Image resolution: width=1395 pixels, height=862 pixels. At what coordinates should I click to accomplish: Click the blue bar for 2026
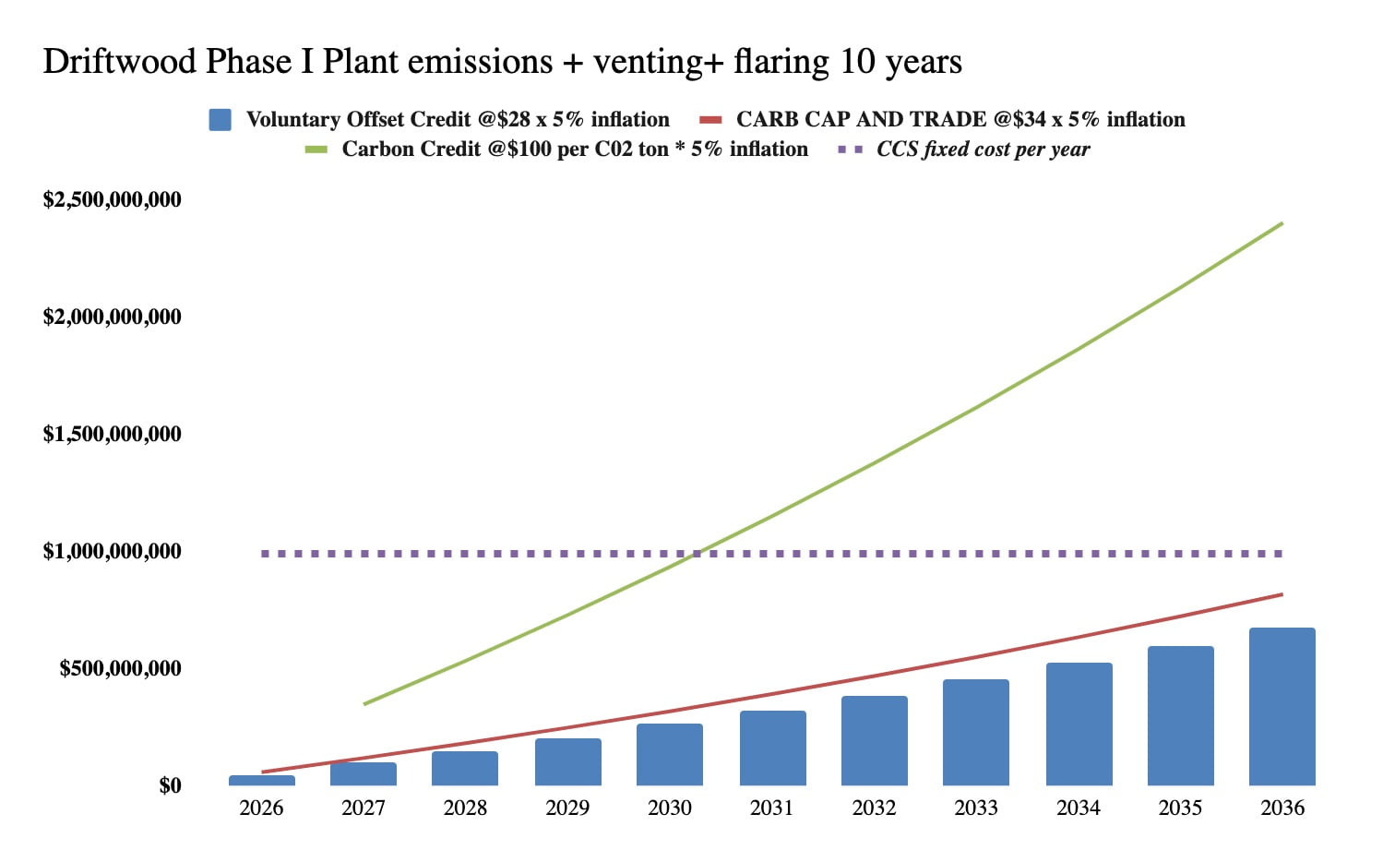click(x=262, y=781)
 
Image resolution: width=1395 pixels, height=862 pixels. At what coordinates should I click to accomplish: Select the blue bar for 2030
click(x=670, y=755)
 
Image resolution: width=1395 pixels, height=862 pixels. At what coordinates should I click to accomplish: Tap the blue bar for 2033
click(x=976, y=733)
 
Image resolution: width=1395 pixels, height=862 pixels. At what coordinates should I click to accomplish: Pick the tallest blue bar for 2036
click(x=1282, y=707)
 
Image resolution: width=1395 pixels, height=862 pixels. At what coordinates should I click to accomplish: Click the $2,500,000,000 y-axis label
click(x=113, y=199)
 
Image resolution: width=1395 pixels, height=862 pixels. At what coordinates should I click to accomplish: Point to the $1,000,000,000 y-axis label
click(x=113, y=551)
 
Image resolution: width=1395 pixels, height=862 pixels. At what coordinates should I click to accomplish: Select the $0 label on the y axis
click(x=170, y=785)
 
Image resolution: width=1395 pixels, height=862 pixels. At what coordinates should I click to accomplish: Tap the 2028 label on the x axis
click(x=465, y=808)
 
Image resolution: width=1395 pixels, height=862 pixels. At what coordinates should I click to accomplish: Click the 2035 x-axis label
click(x=1180, y=808)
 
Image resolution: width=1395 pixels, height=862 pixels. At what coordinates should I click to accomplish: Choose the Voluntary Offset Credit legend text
click(x=458, y=120)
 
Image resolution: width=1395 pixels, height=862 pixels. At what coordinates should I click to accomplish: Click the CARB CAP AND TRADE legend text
click(x=960, y=120)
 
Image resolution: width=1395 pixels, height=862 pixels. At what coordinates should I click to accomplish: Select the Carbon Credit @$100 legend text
click(x=575, y=150)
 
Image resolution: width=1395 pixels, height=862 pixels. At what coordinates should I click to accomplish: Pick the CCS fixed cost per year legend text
click(x=983, y=150)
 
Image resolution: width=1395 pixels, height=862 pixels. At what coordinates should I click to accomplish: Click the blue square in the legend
click(x=220, y=120)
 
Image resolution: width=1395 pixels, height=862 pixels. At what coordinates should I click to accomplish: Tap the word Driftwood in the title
click(x=120, y=62)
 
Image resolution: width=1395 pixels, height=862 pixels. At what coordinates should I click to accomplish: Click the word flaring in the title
click(x=781, y=62)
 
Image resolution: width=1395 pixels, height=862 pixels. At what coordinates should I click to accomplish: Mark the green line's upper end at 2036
click(x=1282, y=223)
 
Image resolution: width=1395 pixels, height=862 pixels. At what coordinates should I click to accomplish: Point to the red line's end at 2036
click(x=1282, y=594)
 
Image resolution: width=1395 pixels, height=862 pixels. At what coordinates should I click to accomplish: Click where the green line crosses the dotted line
click(x=698, y=554)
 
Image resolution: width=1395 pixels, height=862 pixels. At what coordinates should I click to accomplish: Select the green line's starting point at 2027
click(x=364, y=704)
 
